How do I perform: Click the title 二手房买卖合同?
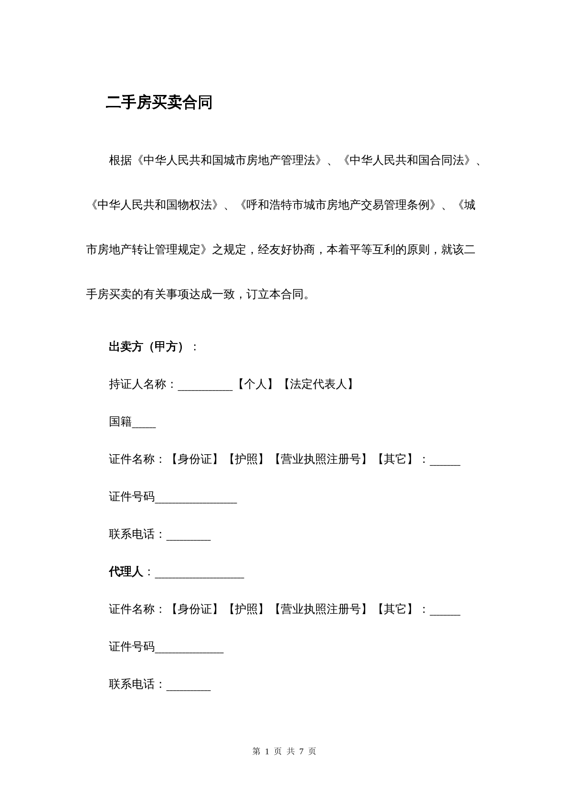(x=159, y=103)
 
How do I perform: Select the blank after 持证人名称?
(x=205, y=386)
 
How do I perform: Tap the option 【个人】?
(x=255, y=384)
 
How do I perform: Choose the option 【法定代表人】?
(x=318, y=384)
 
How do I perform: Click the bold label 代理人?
(x=126, y=572)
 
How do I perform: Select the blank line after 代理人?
(x=200, y=574)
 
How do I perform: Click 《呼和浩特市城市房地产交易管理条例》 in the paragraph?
(x=337, y=205)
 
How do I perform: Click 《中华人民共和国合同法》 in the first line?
(x=407, y=160)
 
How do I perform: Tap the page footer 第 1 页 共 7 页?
(x=284, y=751)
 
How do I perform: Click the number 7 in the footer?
(x=302, y=751)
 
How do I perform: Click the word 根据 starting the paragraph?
(x=120, y=160)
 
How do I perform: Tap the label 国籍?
(x=120, y=422)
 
